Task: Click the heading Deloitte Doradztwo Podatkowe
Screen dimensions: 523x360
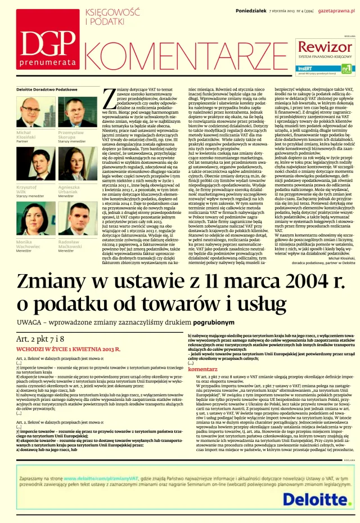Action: pyautogui.click(x=47, y=90)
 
